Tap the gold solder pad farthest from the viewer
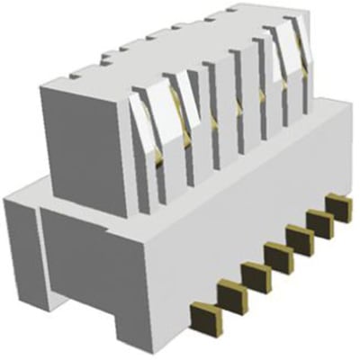340,207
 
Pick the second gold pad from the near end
231,294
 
